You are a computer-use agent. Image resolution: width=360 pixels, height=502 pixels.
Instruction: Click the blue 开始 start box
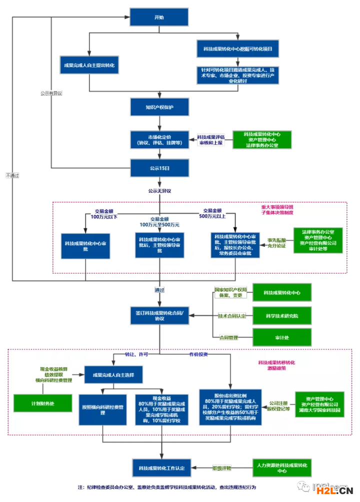(159, 17)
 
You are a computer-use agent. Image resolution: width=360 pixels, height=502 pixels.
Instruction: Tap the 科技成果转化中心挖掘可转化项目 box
(238, 49)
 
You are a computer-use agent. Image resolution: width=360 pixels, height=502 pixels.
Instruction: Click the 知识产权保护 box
(159, 107)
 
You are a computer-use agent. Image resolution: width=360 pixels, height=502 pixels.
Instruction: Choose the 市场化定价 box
(159, 139)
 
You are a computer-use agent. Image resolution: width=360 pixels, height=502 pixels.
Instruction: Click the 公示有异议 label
(51, 93)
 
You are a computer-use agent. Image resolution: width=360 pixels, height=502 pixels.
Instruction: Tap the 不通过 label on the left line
(12, 175)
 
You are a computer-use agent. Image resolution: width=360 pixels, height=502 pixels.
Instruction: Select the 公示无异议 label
(159, 190)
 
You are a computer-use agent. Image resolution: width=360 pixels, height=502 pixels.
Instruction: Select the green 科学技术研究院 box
(282, 316)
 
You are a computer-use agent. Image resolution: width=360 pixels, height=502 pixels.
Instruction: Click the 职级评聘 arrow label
(222, 468)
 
